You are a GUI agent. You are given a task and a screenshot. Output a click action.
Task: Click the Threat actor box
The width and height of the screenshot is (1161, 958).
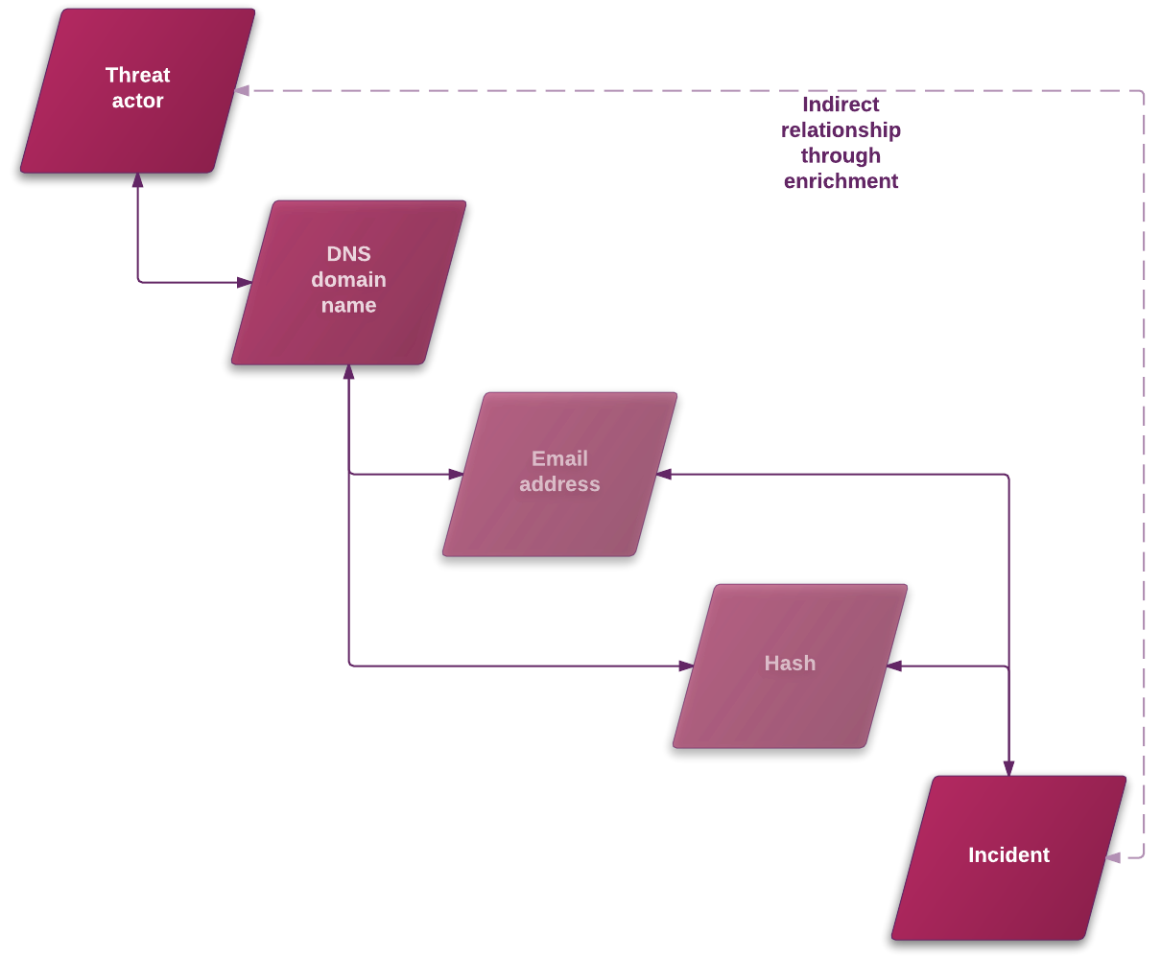click(x=137, y=90)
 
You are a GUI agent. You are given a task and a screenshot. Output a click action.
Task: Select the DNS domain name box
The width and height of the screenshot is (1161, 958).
click(x=348, y=282)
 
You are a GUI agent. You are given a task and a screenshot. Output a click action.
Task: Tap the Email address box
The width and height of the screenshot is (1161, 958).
click(x=559, y=474)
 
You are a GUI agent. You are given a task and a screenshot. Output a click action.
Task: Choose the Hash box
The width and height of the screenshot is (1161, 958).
click(x=790, y=666)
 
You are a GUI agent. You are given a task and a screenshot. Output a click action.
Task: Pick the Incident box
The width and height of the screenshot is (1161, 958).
click(x=1008, y=857)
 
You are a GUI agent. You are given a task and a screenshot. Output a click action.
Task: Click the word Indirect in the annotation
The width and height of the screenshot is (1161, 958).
click(x=841, y=105)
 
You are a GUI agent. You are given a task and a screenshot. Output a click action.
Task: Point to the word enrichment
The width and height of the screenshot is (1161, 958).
click(x=841, y=181)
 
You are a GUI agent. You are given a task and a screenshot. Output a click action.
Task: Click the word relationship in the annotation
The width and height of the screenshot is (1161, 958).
click(x=841, y=130)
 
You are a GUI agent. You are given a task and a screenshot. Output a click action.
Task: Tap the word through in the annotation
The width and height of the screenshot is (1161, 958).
click(x=841, y=155)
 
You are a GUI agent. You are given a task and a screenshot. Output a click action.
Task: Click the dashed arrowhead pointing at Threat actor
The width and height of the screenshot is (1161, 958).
click(x=242, y=91)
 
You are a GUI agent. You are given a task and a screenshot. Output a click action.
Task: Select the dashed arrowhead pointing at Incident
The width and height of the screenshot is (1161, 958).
click(x=1112, y=857)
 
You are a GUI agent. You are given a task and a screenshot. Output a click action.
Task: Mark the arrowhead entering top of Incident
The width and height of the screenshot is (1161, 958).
click(x=1008, y=768)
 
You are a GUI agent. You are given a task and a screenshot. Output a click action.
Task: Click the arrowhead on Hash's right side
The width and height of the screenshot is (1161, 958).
click(x=894, y=666)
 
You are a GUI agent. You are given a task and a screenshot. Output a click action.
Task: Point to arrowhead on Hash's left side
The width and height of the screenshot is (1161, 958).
click(x=686, y=666)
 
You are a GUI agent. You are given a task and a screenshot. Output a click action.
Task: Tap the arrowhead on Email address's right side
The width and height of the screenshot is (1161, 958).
click(x=664, y=474)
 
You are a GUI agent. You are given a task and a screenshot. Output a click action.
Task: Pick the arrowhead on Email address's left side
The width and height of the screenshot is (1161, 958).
click(x=456, y=474)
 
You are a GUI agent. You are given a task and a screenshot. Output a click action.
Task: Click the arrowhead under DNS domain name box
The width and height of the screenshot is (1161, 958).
click(x=348, y=372)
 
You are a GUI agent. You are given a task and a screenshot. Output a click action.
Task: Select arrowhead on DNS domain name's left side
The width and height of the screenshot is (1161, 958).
click(x=245, y=282)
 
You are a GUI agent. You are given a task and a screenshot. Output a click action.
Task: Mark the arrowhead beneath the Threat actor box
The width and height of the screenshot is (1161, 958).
click(x=137, y=180)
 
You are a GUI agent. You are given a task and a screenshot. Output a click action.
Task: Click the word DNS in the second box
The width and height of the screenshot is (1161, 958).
click(x=348, y=254)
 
